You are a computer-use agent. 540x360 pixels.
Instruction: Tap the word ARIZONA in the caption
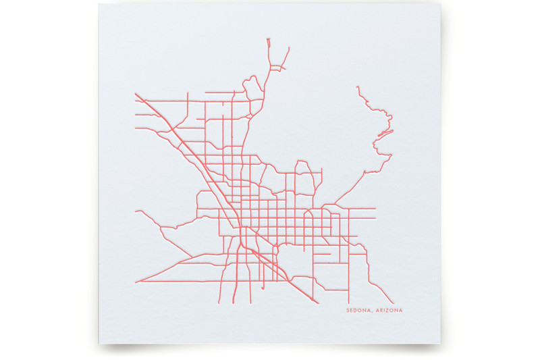[387, 311]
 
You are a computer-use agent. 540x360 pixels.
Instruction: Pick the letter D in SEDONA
[356, 311]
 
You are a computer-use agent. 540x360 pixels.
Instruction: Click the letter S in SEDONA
[347, 311]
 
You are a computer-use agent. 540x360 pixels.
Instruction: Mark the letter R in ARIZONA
[380, 311]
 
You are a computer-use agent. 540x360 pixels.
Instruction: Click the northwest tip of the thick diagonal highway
[135, 93]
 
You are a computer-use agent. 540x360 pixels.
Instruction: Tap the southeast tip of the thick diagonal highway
[290, 282]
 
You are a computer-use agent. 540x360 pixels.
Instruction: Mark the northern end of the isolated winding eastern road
[356, 86]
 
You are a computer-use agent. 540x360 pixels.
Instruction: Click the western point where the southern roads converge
[136, 281]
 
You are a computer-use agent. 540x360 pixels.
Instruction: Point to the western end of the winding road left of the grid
[136, 211]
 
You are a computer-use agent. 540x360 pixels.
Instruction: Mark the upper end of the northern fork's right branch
[289, 47]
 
